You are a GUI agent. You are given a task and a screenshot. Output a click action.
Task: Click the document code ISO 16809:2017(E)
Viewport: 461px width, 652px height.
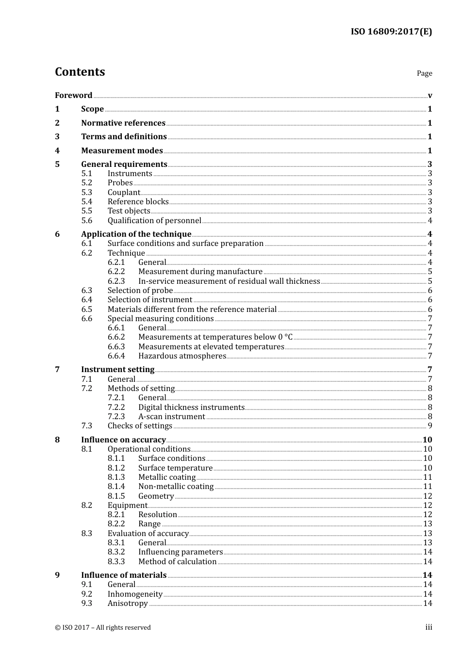coord(391,32)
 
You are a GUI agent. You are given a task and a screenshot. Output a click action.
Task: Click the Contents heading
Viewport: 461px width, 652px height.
coord(80,72)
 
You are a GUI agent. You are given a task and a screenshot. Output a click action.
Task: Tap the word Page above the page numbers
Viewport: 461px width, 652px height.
coord(424,73)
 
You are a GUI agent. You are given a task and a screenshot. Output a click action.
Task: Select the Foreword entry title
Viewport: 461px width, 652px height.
coord(73,95)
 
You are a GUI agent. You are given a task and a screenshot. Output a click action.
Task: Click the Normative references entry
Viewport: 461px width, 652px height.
coord(123,123)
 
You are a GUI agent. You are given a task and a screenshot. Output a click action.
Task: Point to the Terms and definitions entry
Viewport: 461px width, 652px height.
coord(124,137)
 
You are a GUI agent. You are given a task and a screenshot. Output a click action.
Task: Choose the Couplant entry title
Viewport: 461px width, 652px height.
coord(124,193)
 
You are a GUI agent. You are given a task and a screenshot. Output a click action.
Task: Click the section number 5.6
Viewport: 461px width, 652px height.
coord(86,221)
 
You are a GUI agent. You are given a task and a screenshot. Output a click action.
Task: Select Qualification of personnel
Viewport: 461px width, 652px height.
coord(154,221)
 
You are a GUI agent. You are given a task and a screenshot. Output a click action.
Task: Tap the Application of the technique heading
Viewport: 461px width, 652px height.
coord(136,234)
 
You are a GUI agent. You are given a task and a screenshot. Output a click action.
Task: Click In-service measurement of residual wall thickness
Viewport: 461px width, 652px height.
coord(229,281)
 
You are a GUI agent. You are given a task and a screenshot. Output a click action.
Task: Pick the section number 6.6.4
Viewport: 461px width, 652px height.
coord(116,356)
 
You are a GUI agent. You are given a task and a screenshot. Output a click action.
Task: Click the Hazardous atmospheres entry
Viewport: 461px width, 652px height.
coord(182,356)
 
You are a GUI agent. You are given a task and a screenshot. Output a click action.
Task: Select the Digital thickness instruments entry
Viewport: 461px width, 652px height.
coord(191,407)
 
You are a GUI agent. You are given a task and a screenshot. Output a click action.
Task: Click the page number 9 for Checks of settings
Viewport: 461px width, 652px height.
coord(430,426)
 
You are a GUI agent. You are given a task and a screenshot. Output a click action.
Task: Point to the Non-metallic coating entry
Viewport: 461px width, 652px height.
coord(176,487)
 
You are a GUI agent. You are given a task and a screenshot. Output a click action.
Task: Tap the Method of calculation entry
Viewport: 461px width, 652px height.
coord(177,562)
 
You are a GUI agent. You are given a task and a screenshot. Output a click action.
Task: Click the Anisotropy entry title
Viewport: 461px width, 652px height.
coord(128,603)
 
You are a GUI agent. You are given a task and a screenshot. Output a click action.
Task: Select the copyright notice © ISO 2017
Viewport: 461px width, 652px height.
coord(103,628)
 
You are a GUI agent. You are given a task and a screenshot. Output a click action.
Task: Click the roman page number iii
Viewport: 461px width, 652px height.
coord(428,627)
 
